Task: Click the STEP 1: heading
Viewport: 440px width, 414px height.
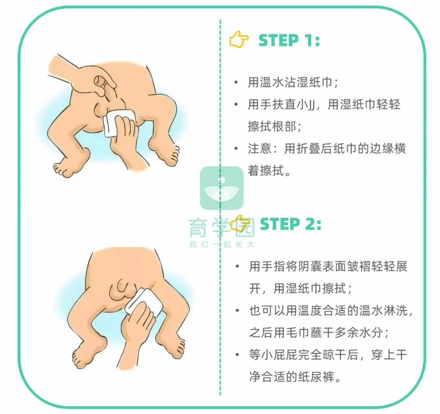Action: pos(289,41)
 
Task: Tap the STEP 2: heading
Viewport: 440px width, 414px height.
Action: pos(290,224)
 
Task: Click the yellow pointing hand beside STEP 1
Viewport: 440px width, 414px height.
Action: pos(239,40)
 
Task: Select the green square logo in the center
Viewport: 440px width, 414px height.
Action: pos(222,188)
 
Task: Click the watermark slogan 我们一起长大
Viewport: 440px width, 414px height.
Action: pos(222,245)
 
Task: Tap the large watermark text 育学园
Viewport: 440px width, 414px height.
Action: pos(222,228)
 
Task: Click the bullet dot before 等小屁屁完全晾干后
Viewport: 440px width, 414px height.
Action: pos(237,355)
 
